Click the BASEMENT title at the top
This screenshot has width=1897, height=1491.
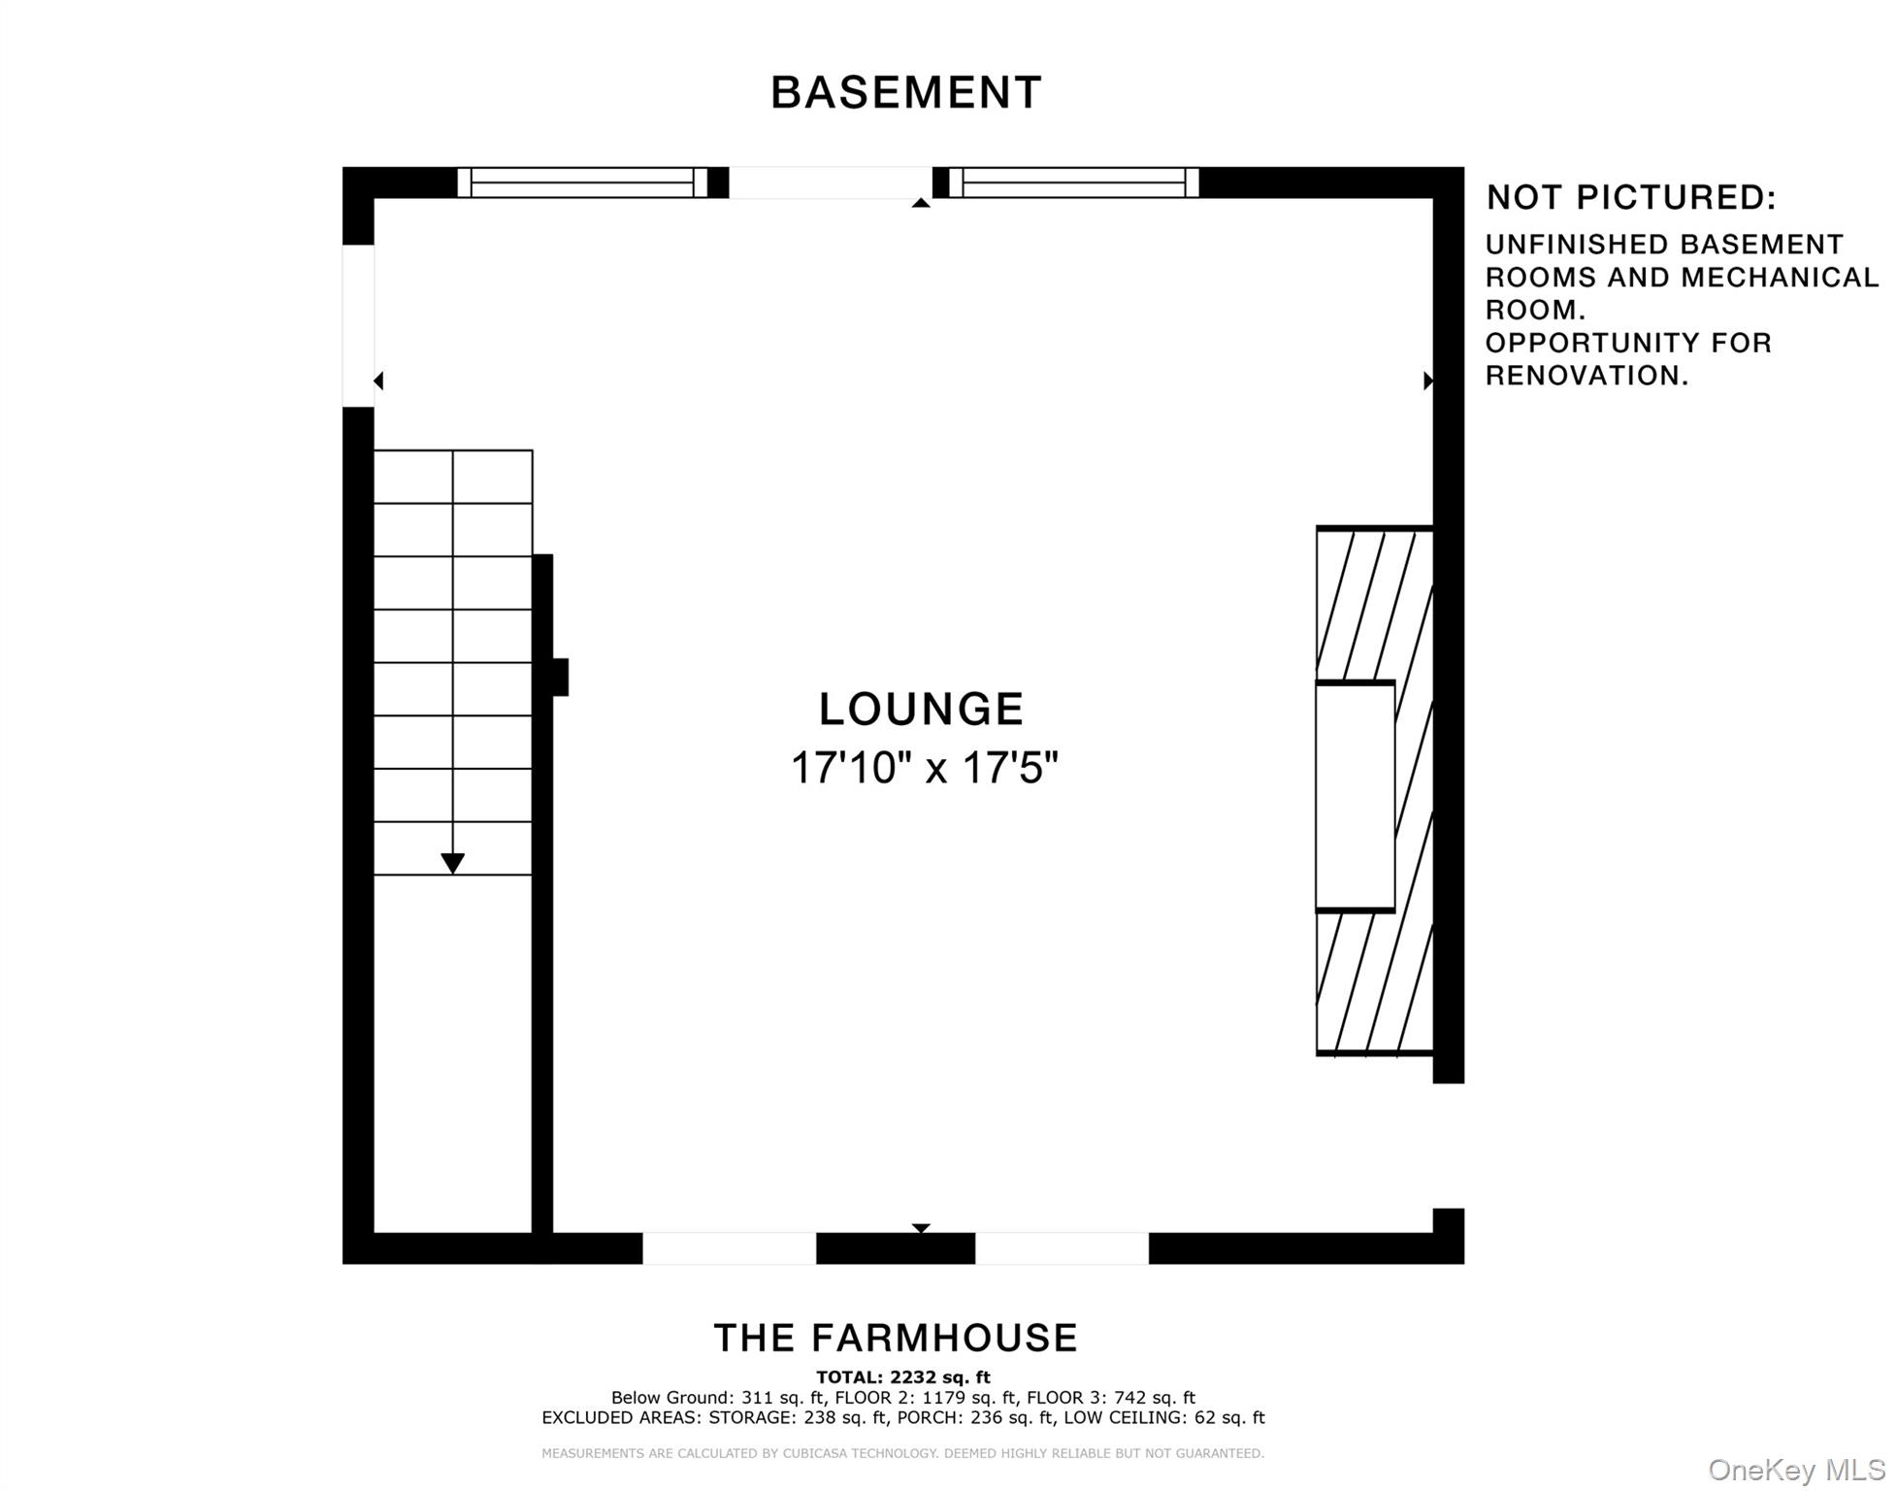[905, 93]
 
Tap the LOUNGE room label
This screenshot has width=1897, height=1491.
[921, 709]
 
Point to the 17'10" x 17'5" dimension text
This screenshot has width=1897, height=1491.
[924, 767]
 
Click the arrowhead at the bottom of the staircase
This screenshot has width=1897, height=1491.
[452, 863]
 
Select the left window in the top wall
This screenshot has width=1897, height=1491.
[582, 182]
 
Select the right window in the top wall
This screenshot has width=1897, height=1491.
[1073, 182]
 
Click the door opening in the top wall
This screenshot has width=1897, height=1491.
[831, 182]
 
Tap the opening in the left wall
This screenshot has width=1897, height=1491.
[358, 325]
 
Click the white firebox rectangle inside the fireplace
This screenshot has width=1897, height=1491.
[1355, 796]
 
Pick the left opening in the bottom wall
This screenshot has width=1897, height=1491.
[729, 1247]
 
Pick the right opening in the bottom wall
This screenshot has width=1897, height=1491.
[1062, 1247]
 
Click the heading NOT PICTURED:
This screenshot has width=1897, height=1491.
[1631, 197]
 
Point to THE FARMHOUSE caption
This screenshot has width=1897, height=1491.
[896, 1338]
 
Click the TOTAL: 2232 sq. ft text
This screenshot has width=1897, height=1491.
[903, 1376]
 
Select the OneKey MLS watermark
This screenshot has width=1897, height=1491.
[1796, 1470]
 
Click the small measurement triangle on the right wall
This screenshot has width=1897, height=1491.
[1428, 381]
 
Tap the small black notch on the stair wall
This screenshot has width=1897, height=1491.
[560, 677]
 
